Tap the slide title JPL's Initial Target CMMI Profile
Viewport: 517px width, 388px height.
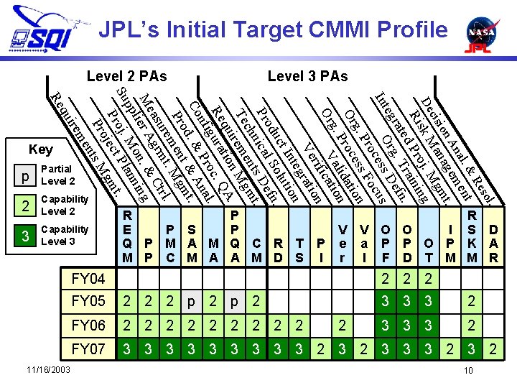click(x=273, y=29)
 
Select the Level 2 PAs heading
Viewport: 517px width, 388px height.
click(x=126, y=75)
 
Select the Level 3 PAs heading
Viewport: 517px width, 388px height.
click(x=307, y=75)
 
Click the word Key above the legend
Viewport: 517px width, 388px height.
click(x=40, y=149)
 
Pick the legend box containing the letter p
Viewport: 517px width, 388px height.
click(x=26, y=175)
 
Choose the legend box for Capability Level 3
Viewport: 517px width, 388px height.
click(x=26, y=236)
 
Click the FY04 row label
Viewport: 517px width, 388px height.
click(x=88, y=279)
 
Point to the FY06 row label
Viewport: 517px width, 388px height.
click(x=88, y=325)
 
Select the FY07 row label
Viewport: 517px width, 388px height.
click(x=88, y=350)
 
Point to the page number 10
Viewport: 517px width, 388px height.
click(x=468, y=371)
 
